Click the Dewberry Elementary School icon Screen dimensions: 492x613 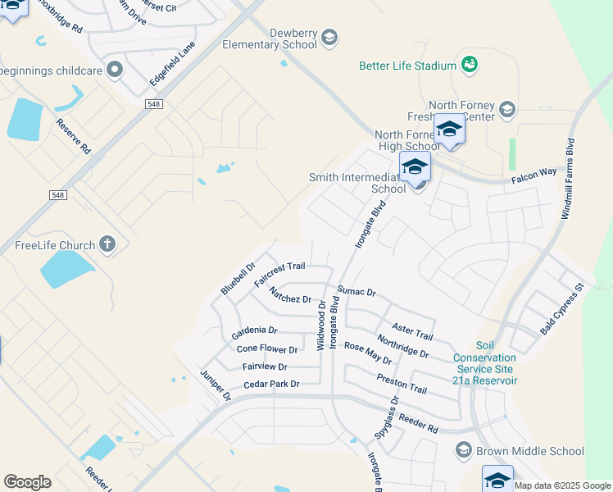tap(329, 37)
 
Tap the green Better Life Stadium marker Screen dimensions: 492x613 tap(470, 64)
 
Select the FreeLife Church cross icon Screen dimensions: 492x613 tap(107, 244)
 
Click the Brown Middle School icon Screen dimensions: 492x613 tap(464, 450)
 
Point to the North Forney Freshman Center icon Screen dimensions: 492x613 tap(506, 110)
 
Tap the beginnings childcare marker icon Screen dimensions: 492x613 tap(114, 69)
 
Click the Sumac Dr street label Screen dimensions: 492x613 tap(356, 292)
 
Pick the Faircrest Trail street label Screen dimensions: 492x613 tap(279, 274)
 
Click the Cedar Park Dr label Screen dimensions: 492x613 tap(271, 384)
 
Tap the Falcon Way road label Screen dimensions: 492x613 tap(535, 171)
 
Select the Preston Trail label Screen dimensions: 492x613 tap(402, 383)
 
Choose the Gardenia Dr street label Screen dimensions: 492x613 tap(254, 330)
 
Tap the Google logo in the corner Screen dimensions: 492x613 tap(27, 482)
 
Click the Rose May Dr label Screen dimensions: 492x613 tap(368, 354)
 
